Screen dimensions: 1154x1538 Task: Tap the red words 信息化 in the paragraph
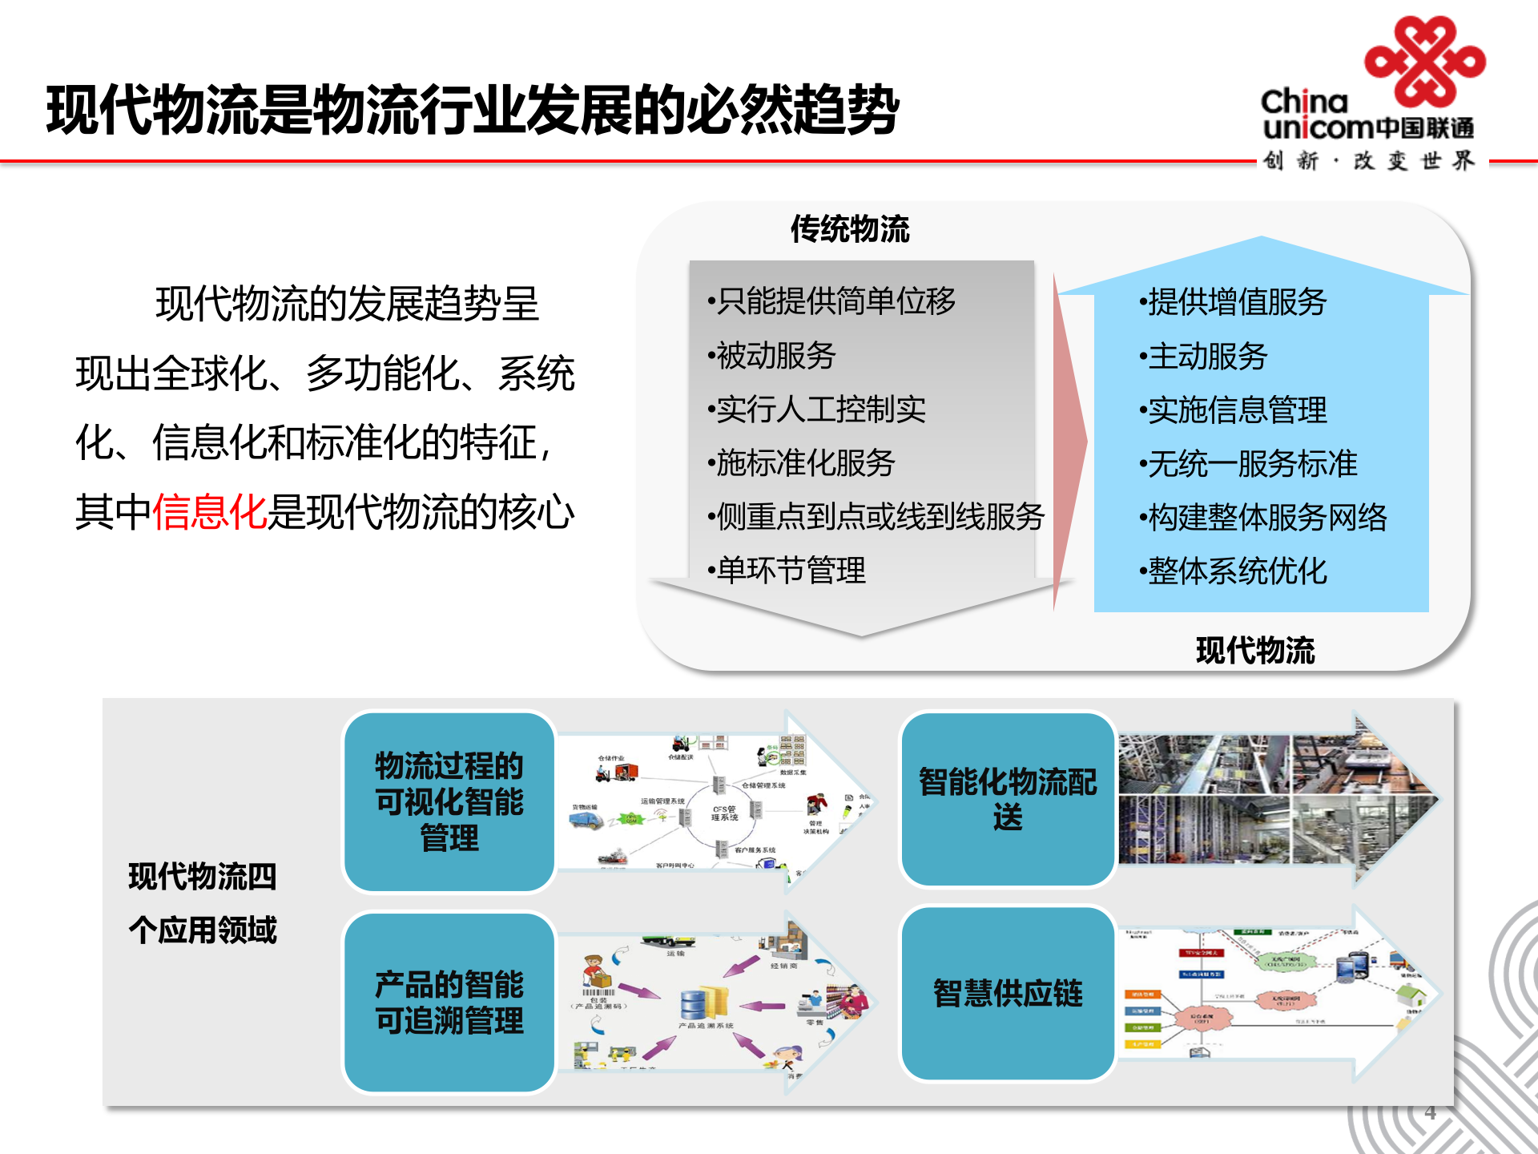[209, 512]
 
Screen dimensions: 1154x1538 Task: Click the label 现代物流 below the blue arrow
[1254, 650]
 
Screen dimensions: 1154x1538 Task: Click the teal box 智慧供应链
[1007, 994]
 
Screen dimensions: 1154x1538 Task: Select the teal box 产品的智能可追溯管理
[449, 1002]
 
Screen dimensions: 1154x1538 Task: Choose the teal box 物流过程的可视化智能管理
[449, 801]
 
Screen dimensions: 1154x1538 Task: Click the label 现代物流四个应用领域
[202, 903]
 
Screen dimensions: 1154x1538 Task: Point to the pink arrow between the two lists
[1069, 441]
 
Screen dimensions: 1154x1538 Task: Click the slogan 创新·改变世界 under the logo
[1368, 161]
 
